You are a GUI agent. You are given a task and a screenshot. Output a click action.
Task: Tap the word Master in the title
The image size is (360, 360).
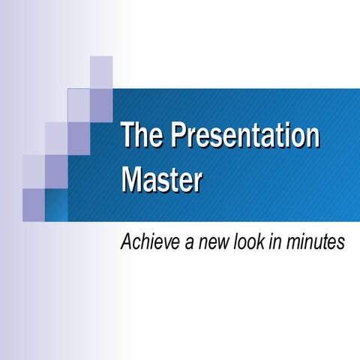161,179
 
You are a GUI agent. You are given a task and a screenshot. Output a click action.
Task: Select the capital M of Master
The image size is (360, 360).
132,179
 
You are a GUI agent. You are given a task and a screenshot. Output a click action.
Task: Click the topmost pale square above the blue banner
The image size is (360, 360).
101,71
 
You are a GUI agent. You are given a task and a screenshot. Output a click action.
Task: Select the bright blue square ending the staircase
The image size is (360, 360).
56,205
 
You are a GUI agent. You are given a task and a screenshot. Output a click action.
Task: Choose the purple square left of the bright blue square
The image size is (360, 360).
34,205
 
